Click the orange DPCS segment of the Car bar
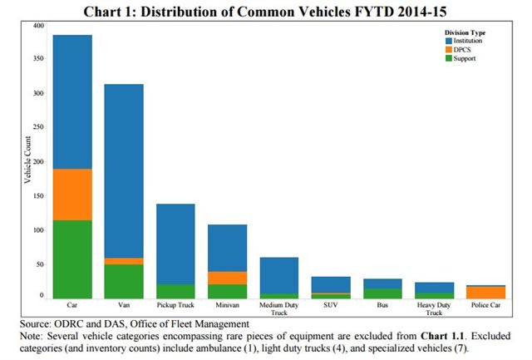point(72,194)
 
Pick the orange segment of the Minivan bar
point(227,278)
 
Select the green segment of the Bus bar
point(382,293)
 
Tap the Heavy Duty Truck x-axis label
point(433,309)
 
